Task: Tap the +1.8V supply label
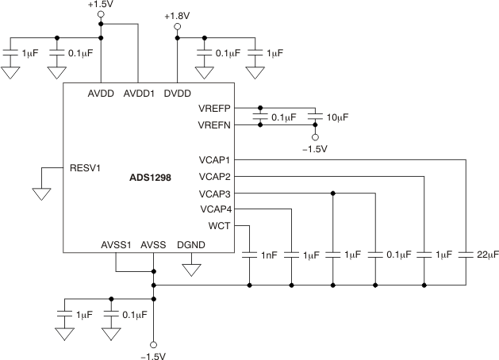click(x=177, y=16)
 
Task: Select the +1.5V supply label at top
click(x=100, y=4)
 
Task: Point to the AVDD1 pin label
click(x=140, y=94)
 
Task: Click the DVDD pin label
click(x=177, y=94)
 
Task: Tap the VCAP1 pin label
click(x=214, y=159)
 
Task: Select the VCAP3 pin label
click(x=214, y=193)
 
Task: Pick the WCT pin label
click(x=219, y=227)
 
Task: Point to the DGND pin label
click(x=190, y=245)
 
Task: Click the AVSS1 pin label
click(x=116, y=245)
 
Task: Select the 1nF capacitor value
click(x=269, y=255)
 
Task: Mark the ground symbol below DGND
click(x=190, y=269)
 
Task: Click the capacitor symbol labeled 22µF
click(x=467, y=255)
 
